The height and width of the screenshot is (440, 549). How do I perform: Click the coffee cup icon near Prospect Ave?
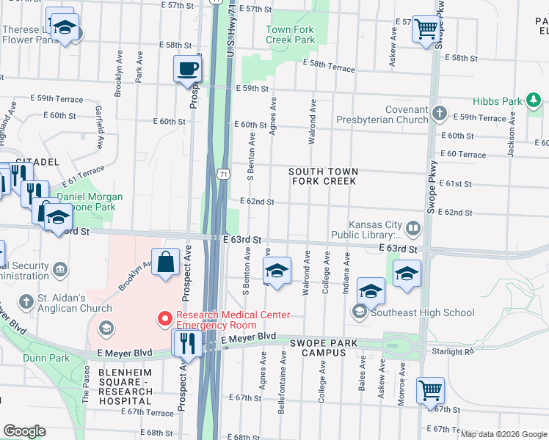[187, 69]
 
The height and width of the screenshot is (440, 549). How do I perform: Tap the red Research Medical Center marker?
[164, 319]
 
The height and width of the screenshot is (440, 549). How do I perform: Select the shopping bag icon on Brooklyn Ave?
[166, 263]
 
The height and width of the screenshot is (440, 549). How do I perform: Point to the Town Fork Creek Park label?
[289, 34]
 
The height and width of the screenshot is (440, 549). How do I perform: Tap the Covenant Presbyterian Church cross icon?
[439, 113]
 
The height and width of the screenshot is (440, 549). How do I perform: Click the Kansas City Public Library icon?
[414, 230]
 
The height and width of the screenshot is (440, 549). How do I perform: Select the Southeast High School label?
[423, 312]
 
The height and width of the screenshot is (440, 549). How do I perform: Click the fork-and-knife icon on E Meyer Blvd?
[186, 343]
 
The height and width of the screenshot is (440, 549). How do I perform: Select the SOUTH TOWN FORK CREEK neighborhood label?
[324, 176]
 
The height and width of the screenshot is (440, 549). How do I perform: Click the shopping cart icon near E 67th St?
[429, 390]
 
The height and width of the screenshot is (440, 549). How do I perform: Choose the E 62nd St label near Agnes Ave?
[257, 202]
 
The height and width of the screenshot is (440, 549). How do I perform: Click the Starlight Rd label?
[454, 352]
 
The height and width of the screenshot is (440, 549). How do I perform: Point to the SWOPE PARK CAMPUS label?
[327, 348]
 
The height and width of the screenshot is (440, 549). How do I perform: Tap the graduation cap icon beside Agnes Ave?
[276, 271]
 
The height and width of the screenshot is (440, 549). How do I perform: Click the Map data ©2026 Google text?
[503, 434]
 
